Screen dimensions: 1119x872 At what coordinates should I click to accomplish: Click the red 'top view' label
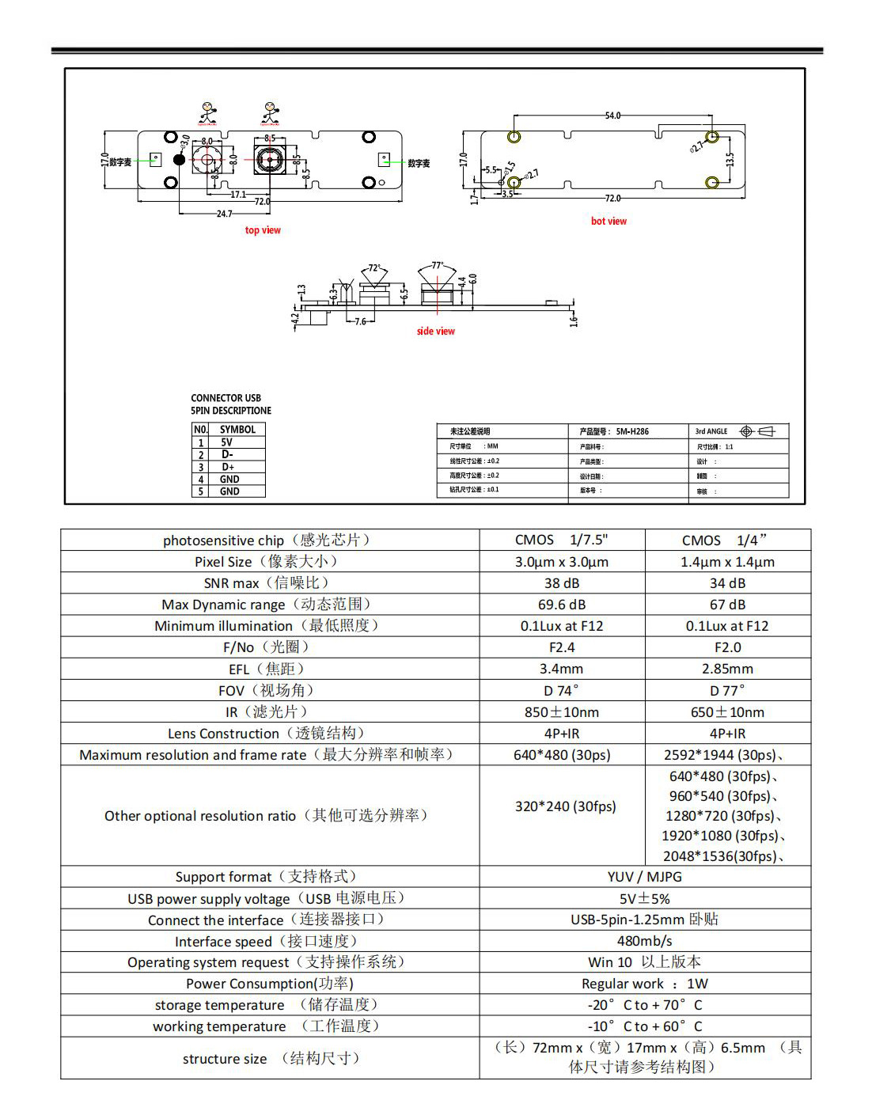[263, 230]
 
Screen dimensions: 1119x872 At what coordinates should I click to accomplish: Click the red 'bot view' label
[609, 222]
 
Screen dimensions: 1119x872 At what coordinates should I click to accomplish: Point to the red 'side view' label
[436, 332]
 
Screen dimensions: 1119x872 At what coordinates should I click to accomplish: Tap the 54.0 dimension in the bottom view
[612, 116]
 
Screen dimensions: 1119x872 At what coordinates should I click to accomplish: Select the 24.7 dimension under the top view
[225, 214]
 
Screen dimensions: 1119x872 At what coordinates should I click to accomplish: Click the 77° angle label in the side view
[438, 266]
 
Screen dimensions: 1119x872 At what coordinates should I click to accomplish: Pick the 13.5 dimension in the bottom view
[730, 160]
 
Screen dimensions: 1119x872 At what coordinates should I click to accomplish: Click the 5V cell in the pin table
[227, 442]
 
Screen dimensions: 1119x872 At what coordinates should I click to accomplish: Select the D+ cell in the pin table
[228, 467]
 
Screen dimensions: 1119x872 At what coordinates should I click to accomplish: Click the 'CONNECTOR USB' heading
[226, 398]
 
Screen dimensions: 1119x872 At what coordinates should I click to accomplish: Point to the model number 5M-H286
[632, 431]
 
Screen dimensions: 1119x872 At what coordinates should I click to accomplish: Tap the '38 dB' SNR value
[562, 583]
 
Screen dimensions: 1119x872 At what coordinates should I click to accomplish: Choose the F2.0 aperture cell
[727, 647]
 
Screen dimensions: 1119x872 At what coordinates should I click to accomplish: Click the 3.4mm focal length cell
[562, 669]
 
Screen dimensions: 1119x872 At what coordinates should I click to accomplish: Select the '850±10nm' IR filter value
[562, 712]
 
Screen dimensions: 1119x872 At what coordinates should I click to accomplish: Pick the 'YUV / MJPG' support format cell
[645, 877]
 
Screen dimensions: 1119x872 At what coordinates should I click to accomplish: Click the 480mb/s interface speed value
[645, 941]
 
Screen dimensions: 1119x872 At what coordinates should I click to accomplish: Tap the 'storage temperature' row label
[219, 1005]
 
